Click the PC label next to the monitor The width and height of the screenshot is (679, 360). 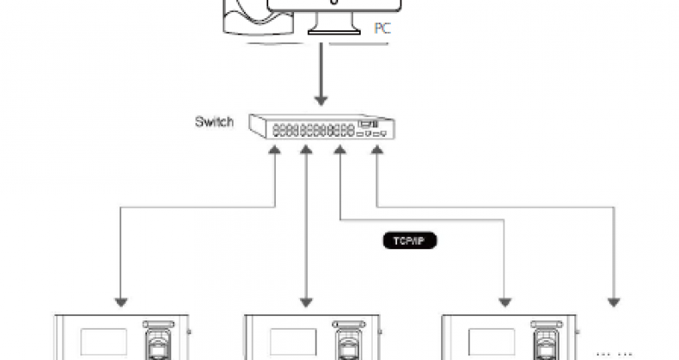(382, 29)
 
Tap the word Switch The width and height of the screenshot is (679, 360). (214, 122)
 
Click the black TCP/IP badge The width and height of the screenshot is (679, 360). (409, 241)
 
